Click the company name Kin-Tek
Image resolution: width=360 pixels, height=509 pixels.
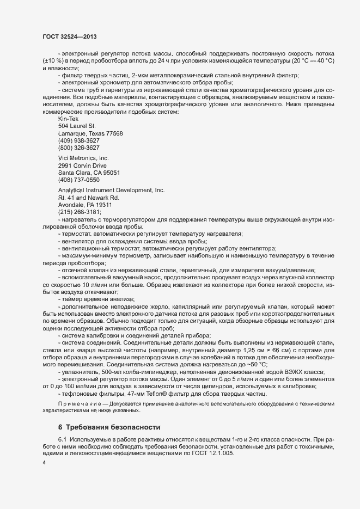point(69,119)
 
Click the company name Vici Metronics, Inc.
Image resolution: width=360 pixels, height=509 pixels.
point(83,158)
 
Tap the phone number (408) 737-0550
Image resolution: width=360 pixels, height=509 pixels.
point(78,180)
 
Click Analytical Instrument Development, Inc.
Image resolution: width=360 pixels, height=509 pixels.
point(111,190)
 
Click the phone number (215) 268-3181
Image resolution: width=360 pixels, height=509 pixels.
point(79,212)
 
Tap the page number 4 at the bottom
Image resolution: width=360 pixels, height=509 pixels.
point(44,462)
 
